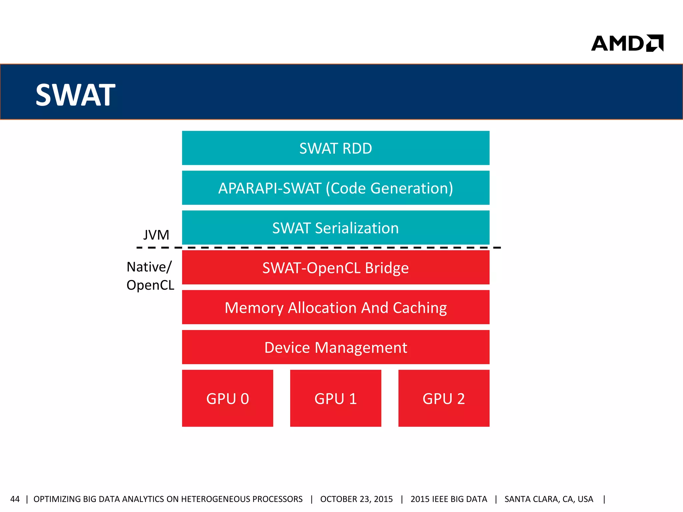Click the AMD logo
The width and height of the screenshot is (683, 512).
(x=627, y=43)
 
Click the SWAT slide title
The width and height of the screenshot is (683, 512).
(x=75, y=95)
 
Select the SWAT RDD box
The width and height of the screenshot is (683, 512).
(x=335, y=148)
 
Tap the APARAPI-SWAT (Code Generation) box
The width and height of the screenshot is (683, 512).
(x=335, y=188)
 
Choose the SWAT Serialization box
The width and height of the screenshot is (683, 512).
(x=335, y=228)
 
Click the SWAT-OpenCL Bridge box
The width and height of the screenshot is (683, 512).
(x=335, y=267)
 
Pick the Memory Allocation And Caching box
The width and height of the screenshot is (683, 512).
(x=335, y=307)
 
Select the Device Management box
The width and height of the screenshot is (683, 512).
(x=335, y=347)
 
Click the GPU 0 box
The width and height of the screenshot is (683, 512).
(x=227, y=398)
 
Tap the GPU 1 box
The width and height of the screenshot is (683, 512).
(x=335, y=398)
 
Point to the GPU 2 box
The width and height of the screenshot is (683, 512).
(x=444, y=398)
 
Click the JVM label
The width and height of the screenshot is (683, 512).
(x=156, y=235)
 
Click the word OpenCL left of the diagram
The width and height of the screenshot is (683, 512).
(x=150, y=285)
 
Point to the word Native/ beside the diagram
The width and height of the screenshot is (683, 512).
(x=149, y=267)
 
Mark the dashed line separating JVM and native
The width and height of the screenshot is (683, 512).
(x=318, y=248)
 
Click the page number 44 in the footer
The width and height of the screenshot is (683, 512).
(x=15, y=499)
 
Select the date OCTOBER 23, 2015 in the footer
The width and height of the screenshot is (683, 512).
(x=356, y=499)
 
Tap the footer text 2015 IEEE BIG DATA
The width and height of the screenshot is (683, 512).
(x=449, y=499)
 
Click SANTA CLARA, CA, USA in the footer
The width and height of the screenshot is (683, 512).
(x=549, y=499)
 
